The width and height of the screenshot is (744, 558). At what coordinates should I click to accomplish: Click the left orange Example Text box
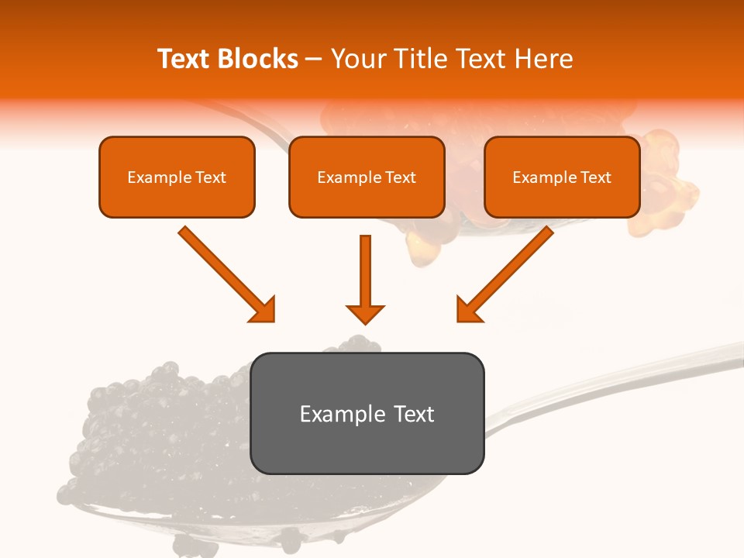pyautogui.click(x=177, y=177)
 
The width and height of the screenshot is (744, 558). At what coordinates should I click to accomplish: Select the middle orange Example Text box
pyautogui.click(x=367, y=177)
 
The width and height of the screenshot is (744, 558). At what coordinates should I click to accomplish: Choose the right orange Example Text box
pyautogui.click(x=562, y=177)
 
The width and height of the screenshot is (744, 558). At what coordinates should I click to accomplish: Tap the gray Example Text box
pyautogui.click(x=367, y=413)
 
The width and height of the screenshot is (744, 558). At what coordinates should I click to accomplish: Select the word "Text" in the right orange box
pyautogui.click(x=596, y=177)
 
